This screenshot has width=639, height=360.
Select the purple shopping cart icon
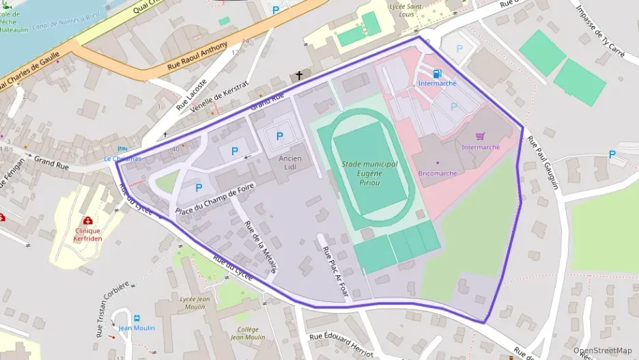(480, 137)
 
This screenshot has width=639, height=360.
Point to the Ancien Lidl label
(290, 163)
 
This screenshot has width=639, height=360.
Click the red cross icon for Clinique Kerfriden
(87, 221)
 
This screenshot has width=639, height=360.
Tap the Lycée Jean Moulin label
(194, 303)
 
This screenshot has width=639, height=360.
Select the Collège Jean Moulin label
(247, 333)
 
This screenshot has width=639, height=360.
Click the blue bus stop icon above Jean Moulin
(137, 318)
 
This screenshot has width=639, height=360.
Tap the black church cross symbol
(298, 75)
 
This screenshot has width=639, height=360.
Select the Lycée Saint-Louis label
(406, 10)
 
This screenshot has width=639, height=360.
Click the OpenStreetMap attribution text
(602, 350)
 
